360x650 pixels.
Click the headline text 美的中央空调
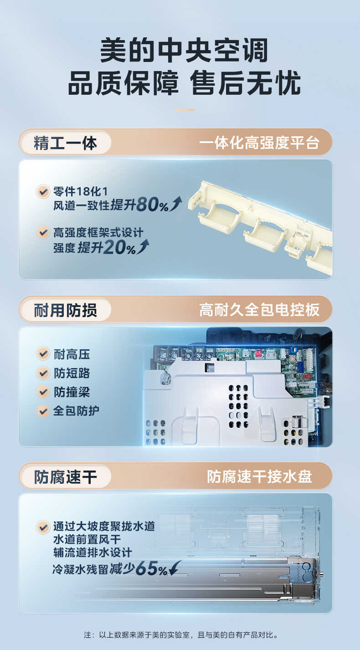coord(184,50)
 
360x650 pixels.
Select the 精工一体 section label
coord(65,143)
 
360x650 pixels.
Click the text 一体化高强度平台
coord(259,143)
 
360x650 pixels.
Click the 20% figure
coord(119,248)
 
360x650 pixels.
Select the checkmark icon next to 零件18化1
coord(43,191)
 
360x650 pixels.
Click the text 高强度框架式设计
coord(98,233)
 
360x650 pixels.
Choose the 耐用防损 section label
coord(65,310)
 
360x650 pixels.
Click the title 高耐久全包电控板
coord(259,310)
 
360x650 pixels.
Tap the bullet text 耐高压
coord(72,354)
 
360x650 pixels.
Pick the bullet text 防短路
coord(72,373)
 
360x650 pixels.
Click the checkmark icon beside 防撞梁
coord(43,392)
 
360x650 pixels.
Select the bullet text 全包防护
coord(76,411)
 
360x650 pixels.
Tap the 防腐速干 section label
coord(65,477)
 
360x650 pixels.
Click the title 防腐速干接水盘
coord(259,477)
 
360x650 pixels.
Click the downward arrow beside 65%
coord(175,569)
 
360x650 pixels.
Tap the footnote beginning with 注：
coord(180,635)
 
